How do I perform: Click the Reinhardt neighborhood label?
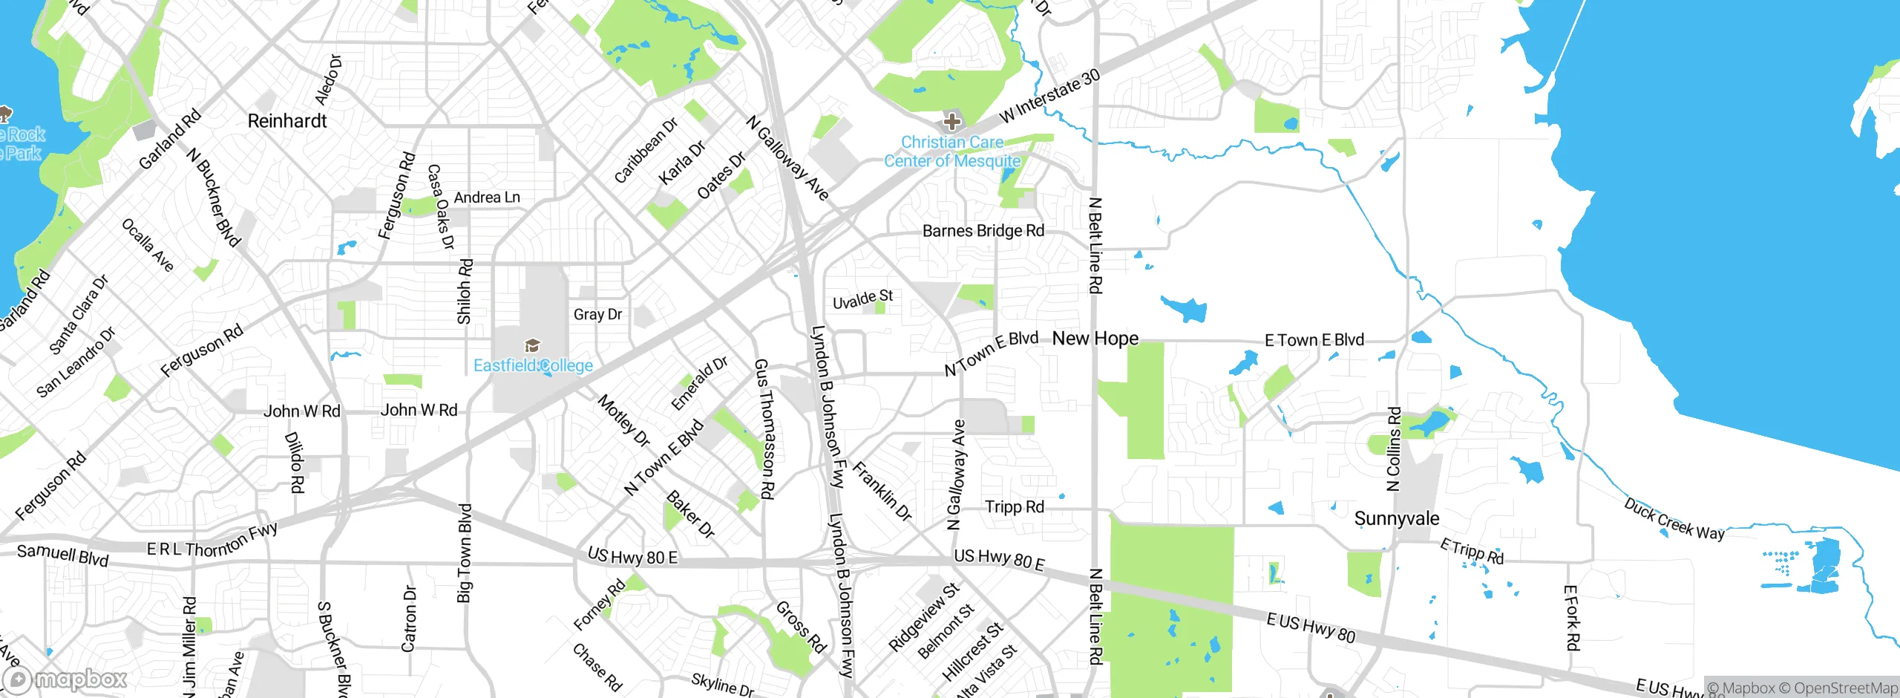pos(287,121)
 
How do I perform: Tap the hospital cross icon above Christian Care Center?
pos(951,122)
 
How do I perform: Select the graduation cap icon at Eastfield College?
pos(532,345)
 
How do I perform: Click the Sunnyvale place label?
pos(1396,518)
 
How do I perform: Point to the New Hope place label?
pos(1095,339)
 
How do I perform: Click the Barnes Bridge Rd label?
pos(983,231)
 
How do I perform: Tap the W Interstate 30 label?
pos(1049,97)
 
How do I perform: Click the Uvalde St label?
pos(862,299)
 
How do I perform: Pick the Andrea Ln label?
pos(487,198)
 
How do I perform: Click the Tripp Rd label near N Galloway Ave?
pos(1014,507)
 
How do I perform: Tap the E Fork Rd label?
pos(1571,618)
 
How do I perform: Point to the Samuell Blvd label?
pos(62,555)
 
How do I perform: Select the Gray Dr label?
pos(597,314)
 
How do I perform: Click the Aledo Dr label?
pos(328,79)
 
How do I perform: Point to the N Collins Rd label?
pos(1394,449)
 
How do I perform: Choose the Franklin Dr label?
pos(882,491)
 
